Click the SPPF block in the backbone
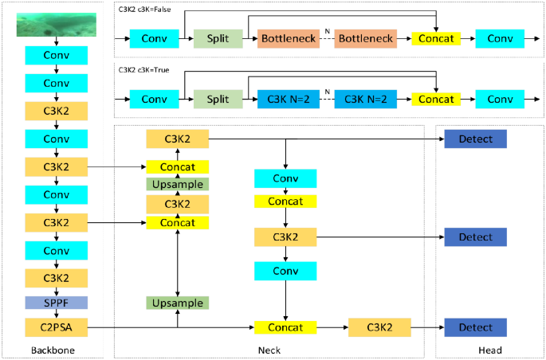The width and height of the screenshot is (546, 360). coord(56,303)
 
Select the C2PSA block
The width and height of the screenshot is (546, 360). coord(56,327)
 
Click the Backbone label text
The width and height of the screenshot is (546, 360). coord(53,350)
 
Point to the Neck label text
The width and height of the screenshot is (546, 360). coord(269,350)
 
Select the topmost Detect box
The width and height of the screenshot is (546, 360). coord(475,139)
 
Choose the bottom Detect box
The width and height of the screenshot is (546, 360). coord(475,327)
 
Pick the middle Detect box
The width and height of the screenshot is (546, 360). coord(475,237)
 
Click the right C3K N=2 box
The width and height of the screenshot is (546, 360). coord(365,99)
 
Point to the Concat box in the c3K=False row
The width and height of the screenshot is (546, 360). coord(437,38)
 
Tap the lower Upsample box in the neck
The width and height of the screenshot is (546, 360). coord(177,303)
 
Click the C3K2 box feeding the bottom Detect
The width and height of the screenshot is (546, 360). coord(379,327)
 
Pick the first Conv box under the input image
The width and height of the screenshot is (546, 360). coord(56,56)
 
